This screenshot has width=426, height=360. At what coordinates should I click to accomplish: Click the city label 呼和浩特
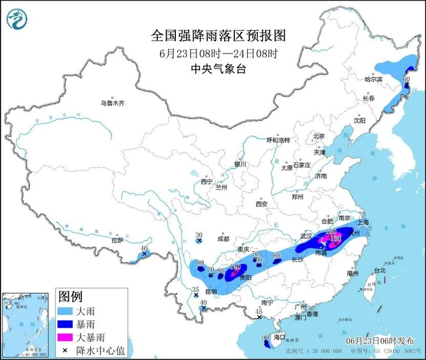point(282,140)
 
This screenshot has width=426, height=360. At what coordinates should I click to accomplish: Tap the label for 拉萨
point(117,240)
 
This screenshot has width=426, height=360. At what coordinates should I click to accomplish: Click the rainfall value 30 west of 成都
point(198,235)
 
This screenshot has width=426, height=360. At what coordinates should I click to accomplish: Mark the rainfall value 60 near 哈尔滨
point(407,79)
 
